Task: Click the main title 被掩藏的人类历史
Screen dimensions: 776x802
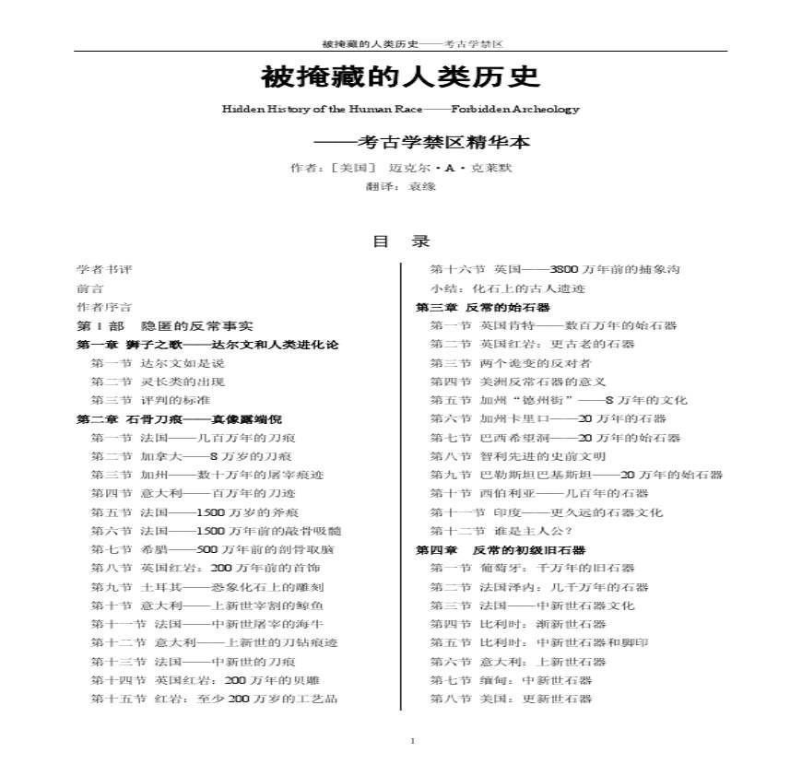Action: [400, 75]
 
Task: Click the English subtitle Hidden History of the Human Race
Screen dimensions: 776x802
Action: [400, 109]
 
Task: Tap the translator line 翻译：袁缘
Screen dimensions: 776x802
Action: [400, 186]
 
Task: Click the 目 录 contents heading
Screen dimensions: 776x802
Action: [400, 241]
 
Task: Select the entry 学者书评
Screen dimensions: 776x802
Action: [104, 269]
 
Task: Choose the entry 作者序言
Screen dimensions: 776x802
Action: [104, 307]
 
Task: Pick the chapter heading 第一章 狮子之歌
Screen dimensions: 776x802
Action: [207, 345]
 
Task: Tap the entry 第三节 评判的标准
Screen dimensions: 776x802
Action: [158, 400]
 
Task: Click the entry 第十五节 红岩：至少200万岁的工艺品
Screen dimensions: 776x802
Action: [214, 699]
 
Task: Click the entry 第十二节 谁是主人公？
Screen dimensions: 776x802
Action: [501, 531]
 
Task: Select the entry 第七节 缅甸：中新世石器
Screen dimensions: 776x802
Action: [511, 680]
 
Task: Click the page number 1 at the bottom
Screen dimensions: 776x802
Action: [412, 742]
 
